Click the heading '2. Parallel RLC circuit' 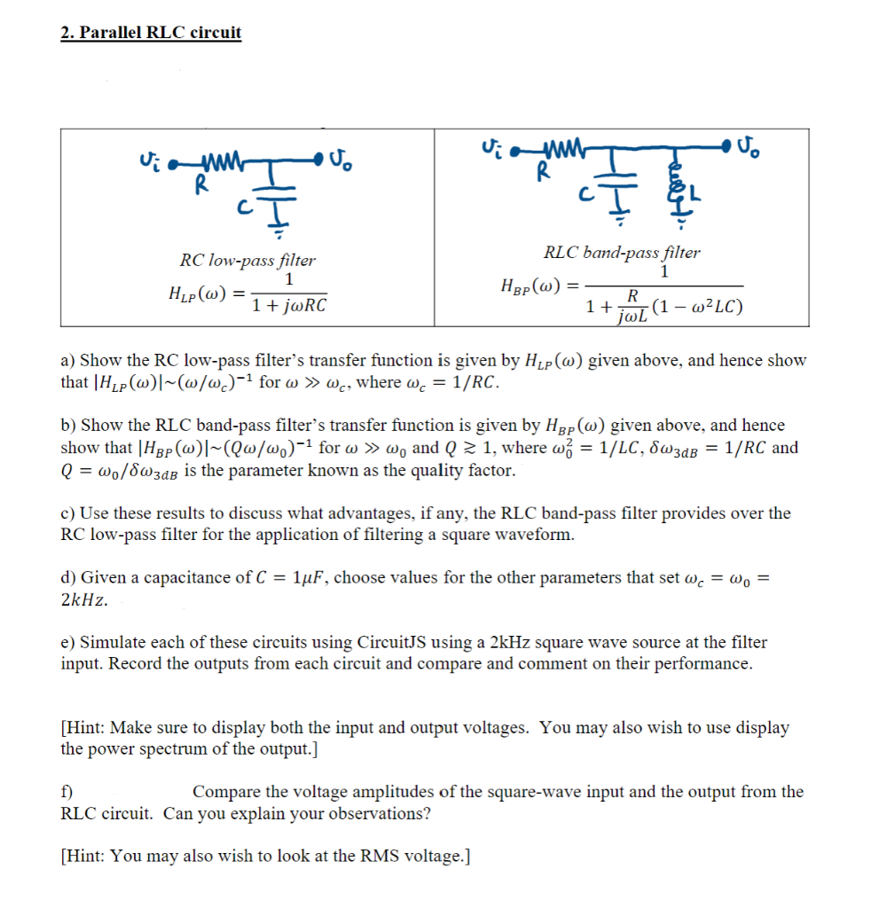click(x=151, y=33)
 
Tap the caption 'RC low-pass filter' click(x=247, y=260)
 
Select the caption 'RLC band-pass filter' click(x=622, y=252)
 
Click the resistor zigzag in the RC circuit click(x=213, y=162)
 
